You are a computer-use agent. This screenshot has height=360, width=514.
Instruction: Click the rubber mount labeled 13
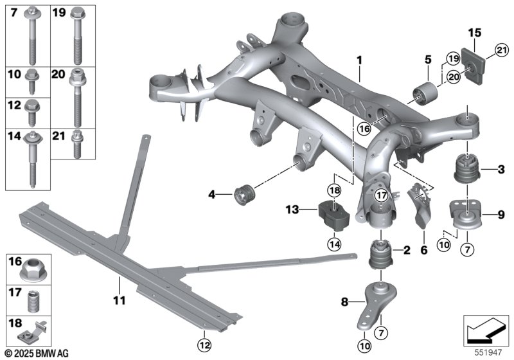point(333,215)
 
